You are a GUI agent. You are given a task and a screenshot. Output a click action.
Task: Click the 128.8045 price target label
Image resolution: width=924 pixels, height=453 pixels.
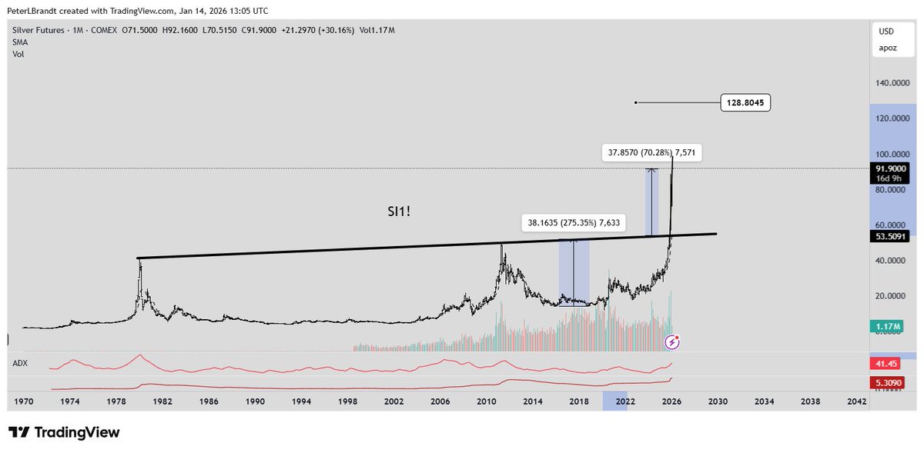(745, 102)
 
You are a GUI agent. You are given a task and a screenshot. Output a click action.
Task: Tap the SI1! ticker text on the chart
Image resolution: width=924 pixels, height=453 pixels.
(399, 209)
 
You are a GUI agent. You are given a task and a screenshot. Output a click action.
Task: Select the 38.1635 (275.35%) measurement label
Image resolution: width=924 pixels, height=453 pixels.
(575, 224)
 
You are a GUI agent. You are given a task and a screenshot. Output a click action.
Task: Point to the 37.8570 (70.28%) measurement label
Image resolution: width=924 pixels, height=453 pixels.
(651, 153)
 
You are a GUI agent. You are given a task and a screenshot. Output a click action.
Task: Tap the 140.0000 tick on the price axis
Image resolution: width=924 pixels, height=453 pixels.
(890, 82)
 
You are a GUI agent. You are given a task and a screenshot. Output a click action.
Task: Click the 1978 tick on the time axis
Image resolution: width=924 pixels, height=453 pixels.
(116, 401)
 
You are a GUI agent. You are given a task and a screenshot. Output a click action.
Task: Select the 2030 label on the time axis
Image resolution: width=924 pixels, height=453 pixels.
(718, 401)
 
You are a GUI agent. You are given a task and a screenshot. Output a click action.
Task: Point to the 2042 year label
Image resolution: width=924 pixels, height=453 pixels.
(855, 401)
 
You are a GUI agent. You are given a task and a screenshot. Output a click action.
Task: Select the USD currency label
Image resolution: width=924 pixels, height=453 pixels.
(886, 32)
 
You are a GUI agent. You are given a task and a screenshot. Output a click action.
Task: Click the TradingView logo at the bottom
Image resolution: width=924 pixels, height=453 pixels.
(65, 433)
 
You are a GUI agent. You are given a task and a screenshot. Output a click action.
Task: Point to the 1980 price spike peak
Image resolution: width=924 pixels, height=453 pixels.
(140, 259)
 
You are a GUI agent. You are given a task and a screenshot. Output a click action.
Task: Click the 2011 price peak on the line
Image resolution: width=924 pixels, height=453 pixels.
(502, 245)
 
